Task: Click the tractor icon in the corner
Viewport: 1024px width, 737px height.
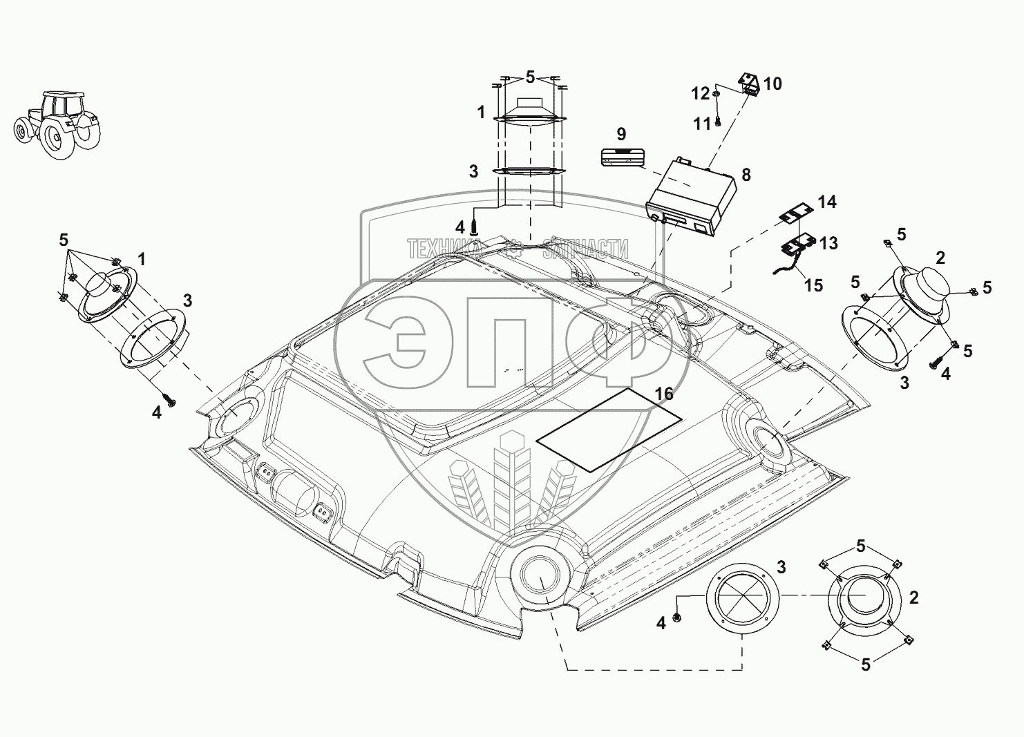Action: (x=55, y=124)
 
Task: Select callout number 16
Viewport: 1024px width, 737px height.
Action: (x=664, y=394)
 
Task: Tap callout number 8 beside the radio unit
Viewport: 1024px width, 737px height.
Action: (x=746, y=174)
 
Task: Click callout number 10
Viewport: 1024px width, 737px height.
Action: (x=772, y=84)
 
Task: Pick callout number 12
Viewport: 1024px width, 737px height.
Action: (x=701, y=93)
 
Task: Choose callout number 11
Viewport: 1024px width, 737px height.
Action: (x=702, y=124)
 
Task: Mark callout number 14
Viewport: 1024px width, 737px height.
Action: (x=826, y=202)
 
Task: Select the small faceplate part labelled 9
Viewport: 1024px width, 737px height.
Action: (x=620, y=157)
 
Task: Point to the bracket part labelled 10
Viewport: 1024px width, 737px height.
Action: (x=749, y=84)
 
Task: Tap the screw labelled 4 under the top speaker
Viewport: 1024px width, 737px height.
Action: (x=475, y=225)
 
